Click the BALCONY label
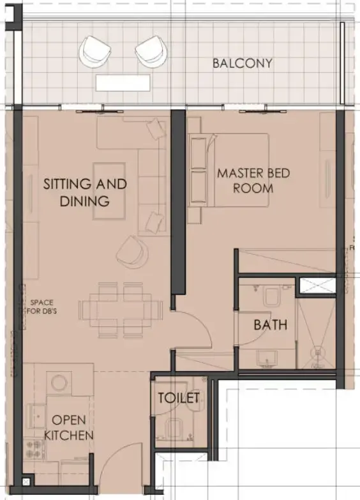[x=243, y=63]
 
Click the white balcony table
[x=123, y=82]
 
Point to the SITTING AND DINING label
[x=85, y=192]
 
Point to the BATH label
[x=270, y=325]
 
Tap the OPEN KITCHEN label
[x=72, y=427]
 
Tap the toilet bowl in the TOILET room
[x=174, y=429]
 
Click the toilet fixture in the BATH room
[x=271, y=296]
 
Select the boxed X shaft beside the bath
[x=317, y=285]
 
